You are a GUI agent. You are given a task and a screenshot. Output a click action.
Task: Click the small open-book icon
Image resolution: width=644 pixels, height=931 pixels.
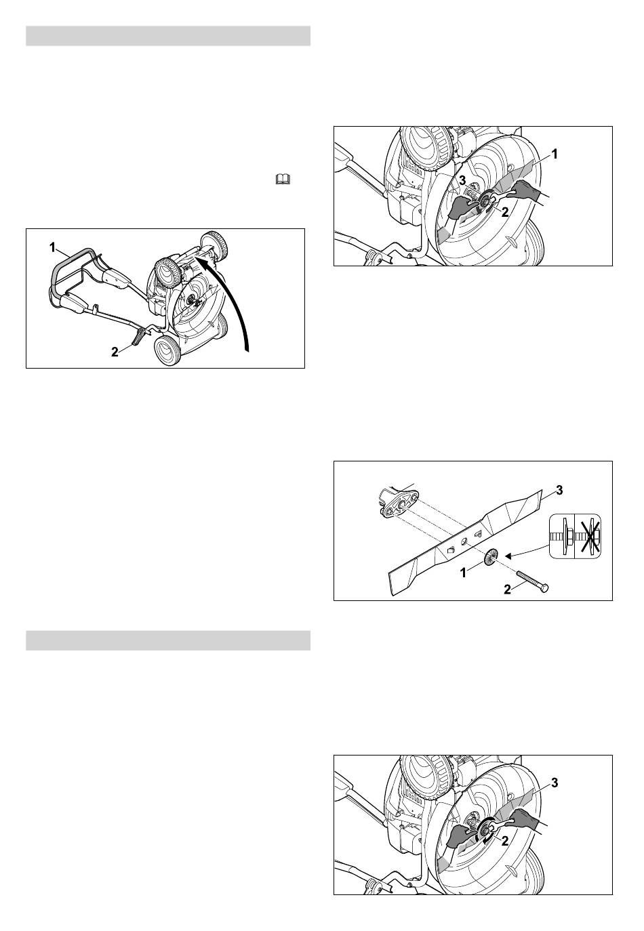click(283, 180)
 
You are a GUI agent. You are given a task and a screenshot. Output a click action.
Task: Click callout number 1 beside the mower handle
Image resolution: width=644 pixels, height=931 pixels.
click(52, 248)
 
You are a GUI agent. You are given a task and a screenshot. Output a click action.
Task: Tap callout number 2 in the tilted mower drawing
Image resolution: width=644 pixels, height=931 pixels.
click(115, 352)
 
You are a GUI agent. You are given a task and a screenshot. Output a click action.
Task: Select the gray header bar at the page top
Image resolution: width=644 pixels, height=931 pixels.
click(168, 36)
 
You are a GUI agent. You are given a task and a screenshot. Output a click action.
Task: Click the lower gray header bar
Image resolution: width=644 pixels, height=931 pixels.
click(168, 640)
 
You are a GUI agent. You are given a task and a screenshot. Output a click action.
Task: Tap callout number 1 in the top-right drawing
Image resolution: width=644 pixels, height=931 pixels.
click(554, 154)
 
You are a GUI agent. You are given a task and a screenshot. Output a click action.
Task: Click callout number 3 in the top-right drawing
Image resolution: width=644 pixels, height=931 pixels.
click(462, 181)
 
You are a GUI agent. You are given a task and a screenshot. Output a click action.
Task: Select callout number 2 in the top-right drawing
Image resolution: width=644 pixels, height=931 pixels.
click(505, 212)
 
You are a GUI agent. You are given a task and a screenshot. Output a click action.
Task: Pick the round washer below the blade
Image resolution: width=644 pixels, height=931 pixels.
click(491, 556)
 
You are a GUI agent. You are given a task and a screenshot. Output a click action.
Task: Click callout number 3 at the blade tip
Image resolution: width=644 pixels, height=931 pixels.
click(560, 491)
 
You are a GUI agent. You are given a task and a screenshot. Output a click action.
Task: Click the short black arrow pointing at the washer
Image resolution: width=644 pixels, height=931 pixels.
click(526, 552)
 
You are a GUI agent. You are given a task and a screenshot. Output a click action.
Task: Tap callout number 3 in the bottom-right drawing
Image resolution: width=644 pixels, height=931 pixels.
click(555, 783)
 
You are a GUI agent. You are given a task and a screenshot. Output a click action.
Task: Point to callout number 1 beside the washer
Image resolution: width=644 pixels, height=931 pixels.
click(463, 573)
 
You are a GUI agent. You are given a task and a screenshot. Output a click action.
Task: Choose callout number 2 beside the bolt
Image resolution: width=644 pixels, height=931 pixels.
click(507, 589)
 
